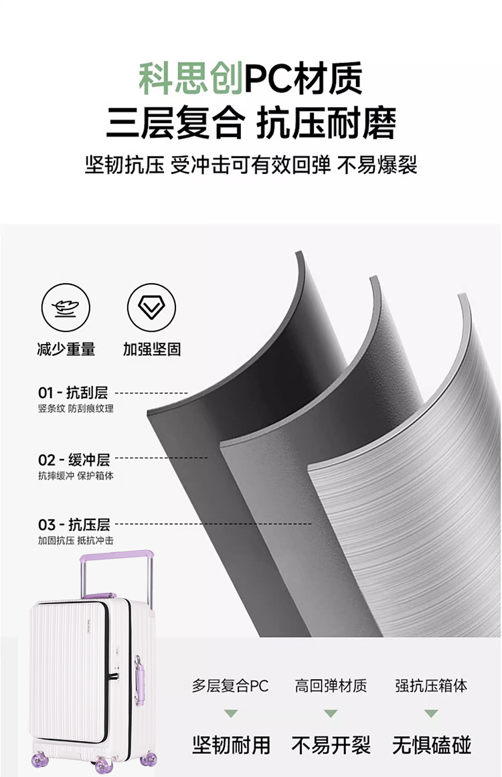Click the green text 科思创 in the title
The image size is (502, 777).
190,79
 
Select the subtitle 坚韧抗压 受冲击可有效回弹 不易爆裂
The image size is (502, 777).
251,165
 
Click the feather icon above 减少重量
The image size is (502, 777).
66,308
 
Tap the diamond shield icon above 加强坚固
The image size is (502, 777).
151,308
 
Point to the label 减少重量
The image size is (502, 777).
66,349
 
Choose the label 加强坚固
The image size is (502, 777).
151,349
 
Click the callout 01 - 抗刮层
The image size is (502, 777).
73,393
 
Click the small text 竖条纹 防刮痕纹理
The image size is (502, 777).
76,408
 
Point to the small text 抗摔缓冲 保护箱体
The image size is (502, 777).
76,476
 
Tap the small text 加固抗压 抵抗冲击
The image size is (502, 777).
76,540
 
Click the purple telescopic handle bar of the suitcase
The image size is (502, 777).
116,556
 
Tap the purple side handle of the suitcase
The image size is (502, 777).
139,677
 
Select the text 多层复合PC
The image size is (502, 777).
230,685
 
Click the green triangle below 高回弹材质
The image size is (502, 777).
331,713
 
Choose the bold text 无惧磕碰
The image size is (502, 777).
432,745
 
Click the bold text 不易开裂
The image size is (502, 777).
331,745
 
